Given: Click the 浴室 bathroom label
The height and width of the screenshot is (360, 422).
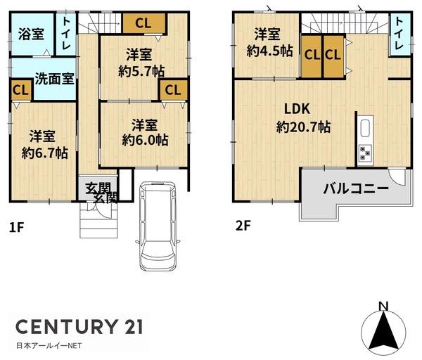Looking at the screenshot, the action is (31, 34).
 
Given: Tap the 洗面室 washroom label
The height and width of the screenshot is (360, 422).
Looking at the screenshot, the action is (54, 79).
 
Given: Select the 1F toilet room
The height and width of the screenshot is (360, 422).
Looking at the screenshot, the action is (66, 34).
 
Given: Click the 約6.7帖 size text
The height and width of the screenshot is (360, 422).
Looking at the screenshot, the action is (45, 153).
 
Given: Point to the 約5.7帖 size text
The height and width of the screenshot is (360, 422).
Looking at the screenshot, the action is (141, 71).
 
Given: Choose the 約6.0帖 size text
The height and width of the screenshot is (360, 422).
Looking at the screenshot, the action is (146, 140).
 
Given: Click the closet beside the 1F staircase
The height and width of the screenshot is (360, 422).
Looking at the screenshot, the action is (143, 23).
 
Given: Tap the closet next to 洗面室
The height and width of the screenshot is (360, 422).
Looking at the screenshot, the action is (21, 90).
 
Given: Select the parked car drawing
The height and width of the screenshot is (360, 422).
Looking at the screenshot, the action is (158, 226).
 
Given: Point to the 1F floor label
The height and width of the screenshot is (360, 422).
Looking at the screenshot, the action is (17, 228).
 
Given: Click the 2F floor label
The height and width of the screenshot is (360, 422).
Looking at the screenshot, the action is (243, 226).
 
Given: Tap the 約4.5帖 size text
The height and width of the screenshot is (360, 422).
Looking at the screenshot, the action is (269, 51).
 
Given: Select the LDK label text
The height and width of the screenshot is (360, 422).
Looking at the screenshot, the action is (298, 109).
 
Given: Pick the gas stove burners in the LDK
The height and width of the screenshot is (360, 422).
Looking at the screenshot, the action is (365, 153).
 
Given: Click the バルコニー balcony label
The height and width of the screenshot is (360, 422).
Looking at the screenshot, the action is (356, 188).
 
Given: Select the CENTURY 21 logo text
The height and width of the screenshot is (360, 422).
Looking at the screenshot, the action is (79, 326).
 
